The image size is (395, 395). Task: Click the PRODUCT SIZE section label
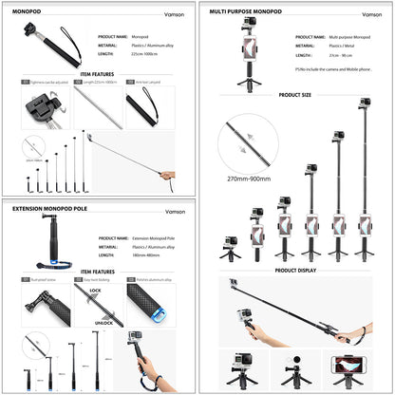pos(295,96)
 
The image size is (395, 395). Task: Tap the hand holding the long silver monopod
pos(168,176)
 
